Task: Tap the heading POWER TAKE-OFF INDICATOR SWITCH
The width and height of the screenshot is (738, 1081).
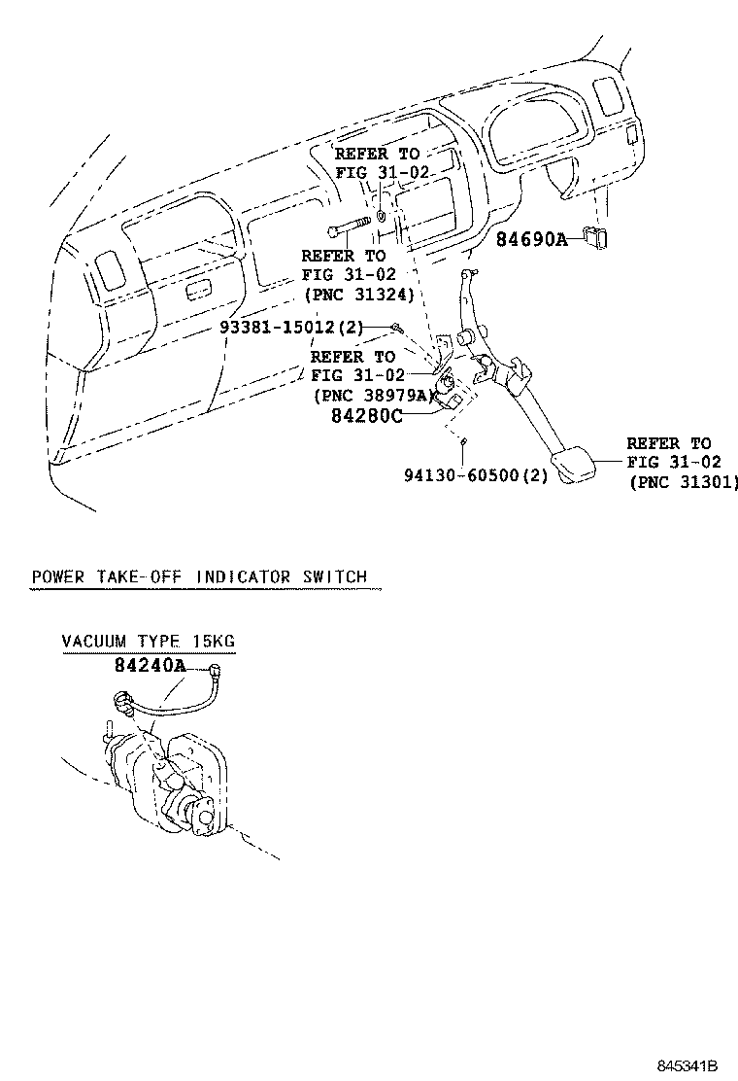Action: [199, 576]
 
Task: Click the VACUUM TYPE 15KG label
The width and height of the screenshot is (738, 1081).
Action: [148, 642]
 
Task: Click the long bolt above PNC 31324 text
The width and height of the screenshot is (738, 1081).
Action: [347, 232]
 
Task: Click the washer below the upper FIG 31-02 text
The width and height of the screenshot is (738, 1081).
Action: [382, 215]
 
